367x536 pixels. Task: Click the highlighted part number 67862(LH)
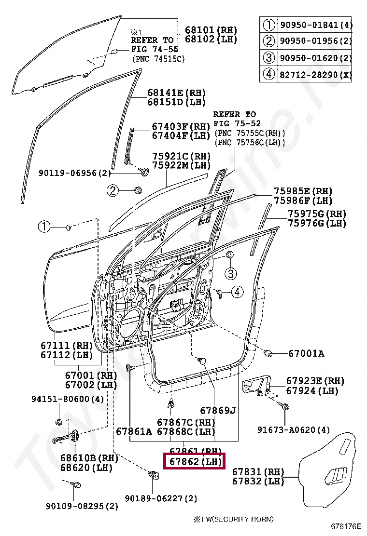195,462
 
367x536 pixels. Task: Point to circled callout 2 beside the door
113,191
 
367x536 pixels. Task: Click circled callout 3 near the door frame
231,274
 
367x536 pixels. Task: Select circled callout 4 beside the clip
237,291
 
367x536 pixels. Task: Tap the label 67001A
306,354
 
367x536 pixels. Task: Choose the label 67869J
218,411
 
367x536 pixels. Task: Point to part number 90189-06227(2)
161,498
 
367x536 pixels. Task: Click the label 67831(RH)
258,471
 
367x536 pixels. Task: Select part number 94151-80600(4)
68,399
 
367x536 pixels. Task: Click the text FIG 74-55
154,49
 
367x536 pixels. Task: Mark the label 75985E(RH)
303,191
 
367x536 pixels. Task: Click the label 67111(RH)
66,345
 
